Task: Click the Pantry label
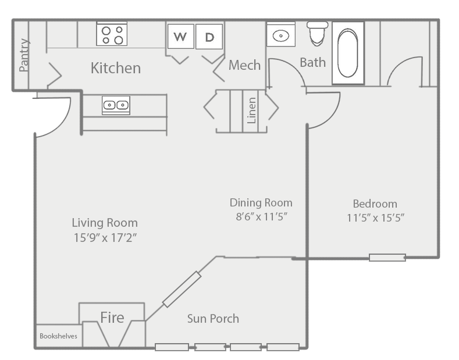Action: tap(24, 55)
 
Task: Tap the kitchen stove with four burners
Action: tap(112, 34)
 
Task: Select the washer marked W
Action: tap(180, 36)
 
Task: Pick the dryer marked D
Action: tap(209, 37)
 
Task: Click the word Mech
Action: tap(244, 65)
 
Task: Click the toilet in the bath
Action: tap(317, 33)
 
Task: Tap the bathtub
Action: tap(348, 53)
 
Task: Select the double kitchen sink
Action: tap(116, 105)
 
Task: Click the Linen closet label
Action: tap(252, 111)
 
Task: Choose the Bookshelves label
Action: tap(58, 336)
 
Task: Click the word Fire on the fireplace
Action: tap(112, 318)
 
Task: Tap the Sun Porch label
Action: tap(213, 319)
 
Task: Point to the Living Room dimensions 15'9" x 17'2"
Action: tap(105, 238)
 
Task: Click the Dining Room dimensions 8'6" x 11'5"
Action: tap(261, 217)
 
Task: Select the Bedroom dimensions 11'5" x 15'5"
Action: tap(376, 218)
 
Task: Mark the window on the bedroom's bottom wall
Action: tap(387, 258)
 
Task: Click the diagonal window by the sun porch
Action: tap(182, 290)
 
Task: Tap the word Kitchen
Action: tap(116, 68)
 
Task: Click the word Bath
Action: tap(312, 62)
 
